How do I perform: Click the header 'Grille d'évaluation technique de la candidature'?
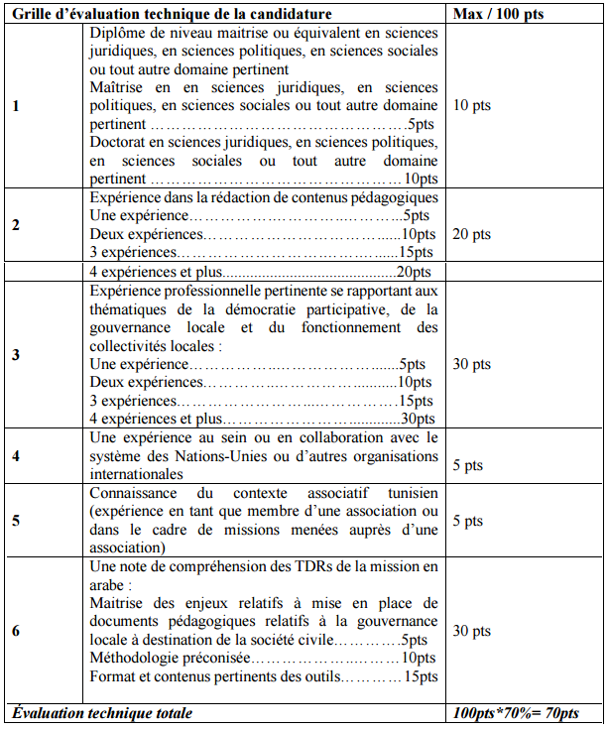tap(172, 14)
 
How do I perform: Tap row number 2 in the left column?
tap(15, 225)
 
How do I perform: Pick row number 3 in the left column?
tap(15, 355)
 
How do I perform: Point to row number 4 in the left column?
tap(15, 456)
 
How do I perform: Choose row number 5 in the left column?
tap(15, 520)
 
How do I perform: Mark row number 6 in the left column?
tap(15, 630)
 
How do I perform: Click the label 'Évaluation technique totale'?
tap(101, 713)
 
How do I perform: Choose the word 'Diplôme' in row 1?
tap(117, 33)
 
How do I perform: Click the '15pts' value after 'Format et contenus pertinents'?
tap(420, 676)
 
